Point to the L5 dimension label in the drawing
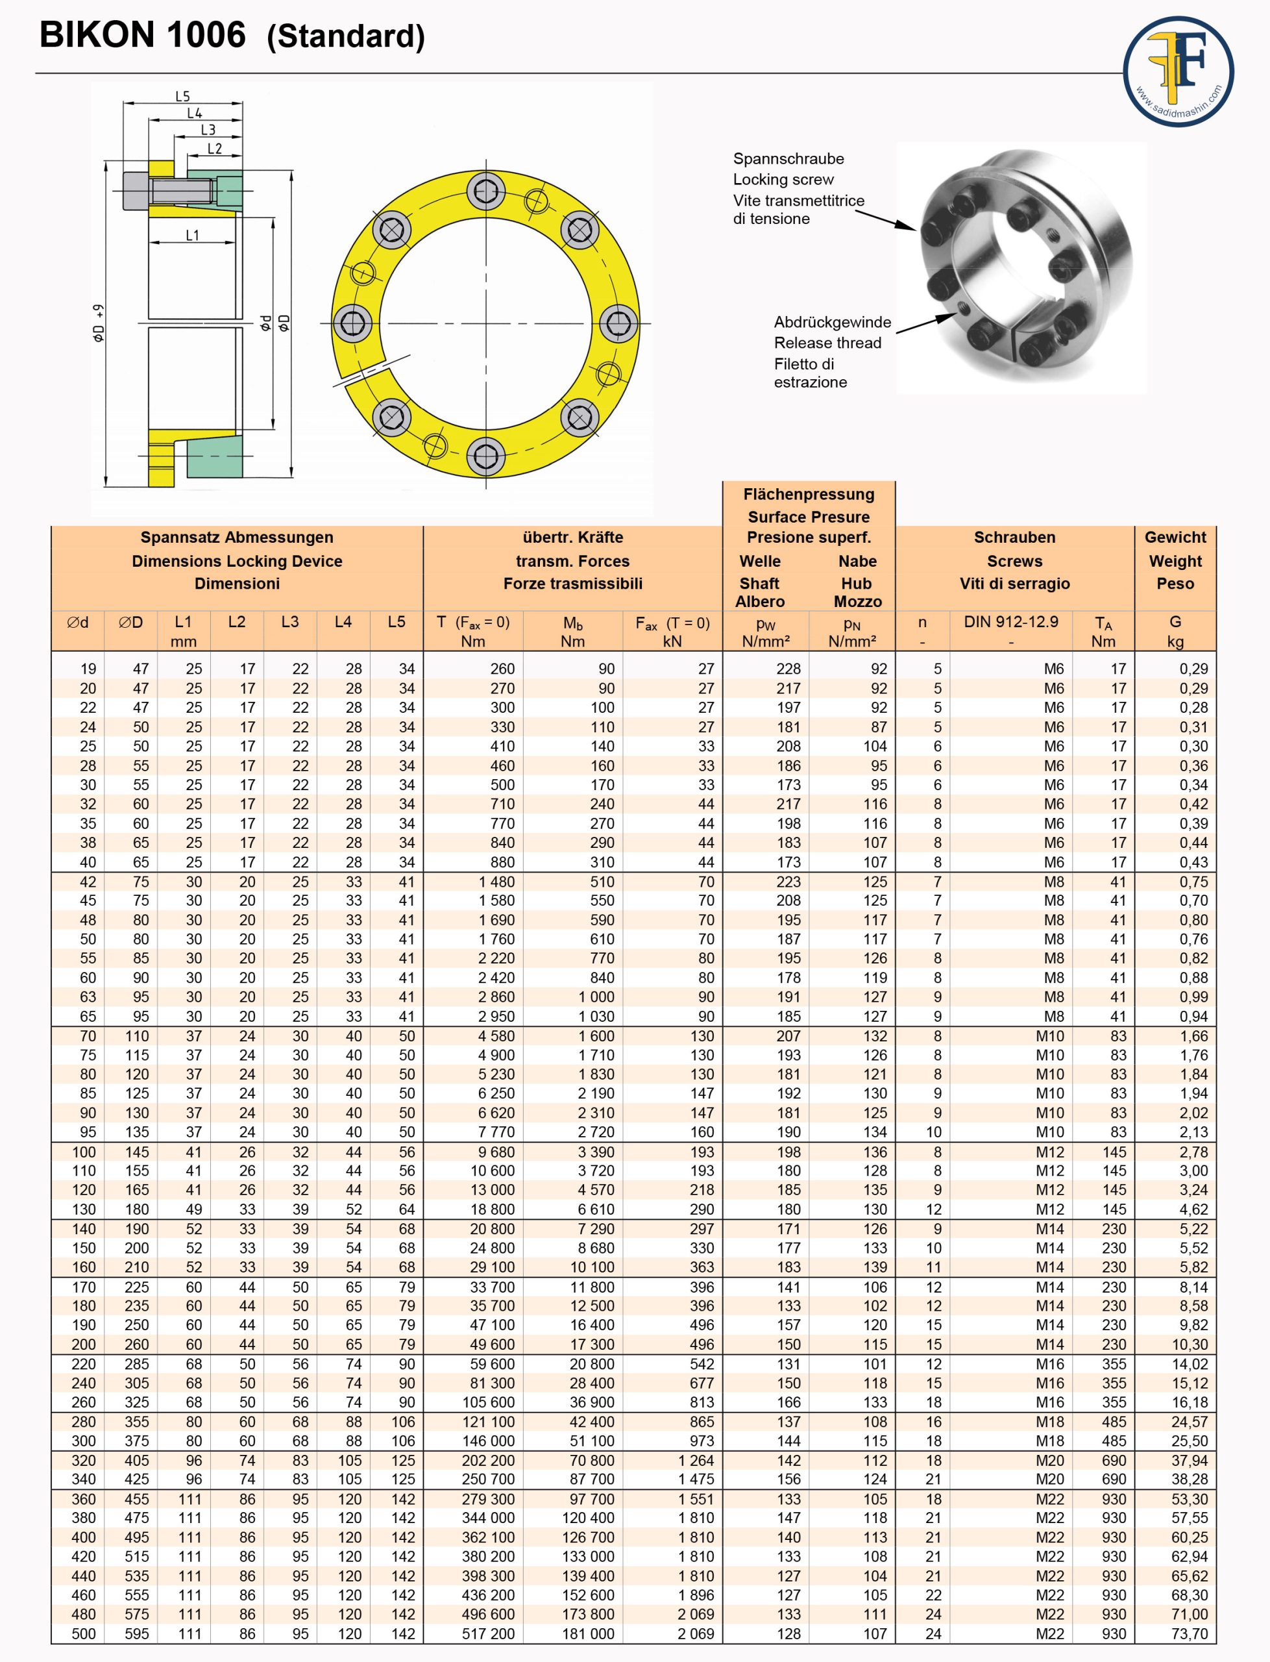coord(182,97)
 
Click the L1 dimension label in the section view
coord(193,235)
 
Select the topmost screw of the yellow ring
coord(485,192)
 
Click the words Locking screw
coord(783,180)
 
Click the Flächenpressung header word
coord(808,495)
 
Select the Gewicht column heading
coord(1175,538)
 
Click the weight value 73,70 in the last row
coord(1189,1634)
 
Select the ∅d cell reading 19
coord(88,669)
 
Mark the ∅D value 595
coord(137,1634)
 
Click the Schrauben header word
coord(1014,538)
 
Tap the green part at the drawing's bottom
coord(214,456)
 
